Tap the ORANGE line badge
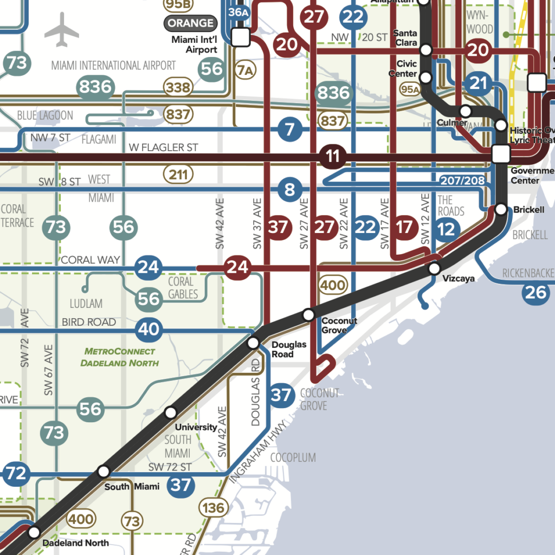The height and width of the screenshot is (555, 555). (191, 23)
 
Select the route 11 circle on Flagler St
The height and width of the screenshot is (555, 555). (333, 157)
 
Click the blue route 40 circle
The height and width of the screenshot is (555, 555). (149, 329)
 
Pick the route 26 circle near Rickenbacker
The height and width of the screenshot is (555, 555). (536, 293)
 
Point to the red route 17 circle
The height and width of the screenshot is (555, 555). (404, 227)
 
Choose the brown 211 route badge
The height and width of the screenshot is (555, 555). (178, 175)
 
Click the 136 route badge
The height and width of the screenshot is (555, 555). (213, 508)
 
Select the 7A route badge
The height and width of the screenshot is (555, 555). (245, 70)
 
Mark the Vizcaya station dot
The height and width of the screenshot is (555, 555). (434, 268)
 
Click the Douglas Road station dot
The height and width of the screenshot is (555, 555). (253, 343)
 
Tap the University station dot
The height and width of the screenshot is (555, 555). (171, 412)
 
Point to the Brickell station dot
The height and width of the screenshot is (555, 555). (501, 209)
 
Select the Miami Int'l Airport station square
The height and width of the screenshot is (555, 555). (240, 37)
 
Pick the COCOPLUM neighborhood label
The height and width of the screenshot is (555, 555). (293, 458)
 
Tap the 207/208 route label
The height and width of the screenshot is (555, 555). (462, 180)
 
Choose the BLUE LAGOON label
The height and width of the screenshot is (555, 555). (45, 115)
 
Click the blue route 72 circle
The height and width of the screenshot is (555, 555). (16, 474)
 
